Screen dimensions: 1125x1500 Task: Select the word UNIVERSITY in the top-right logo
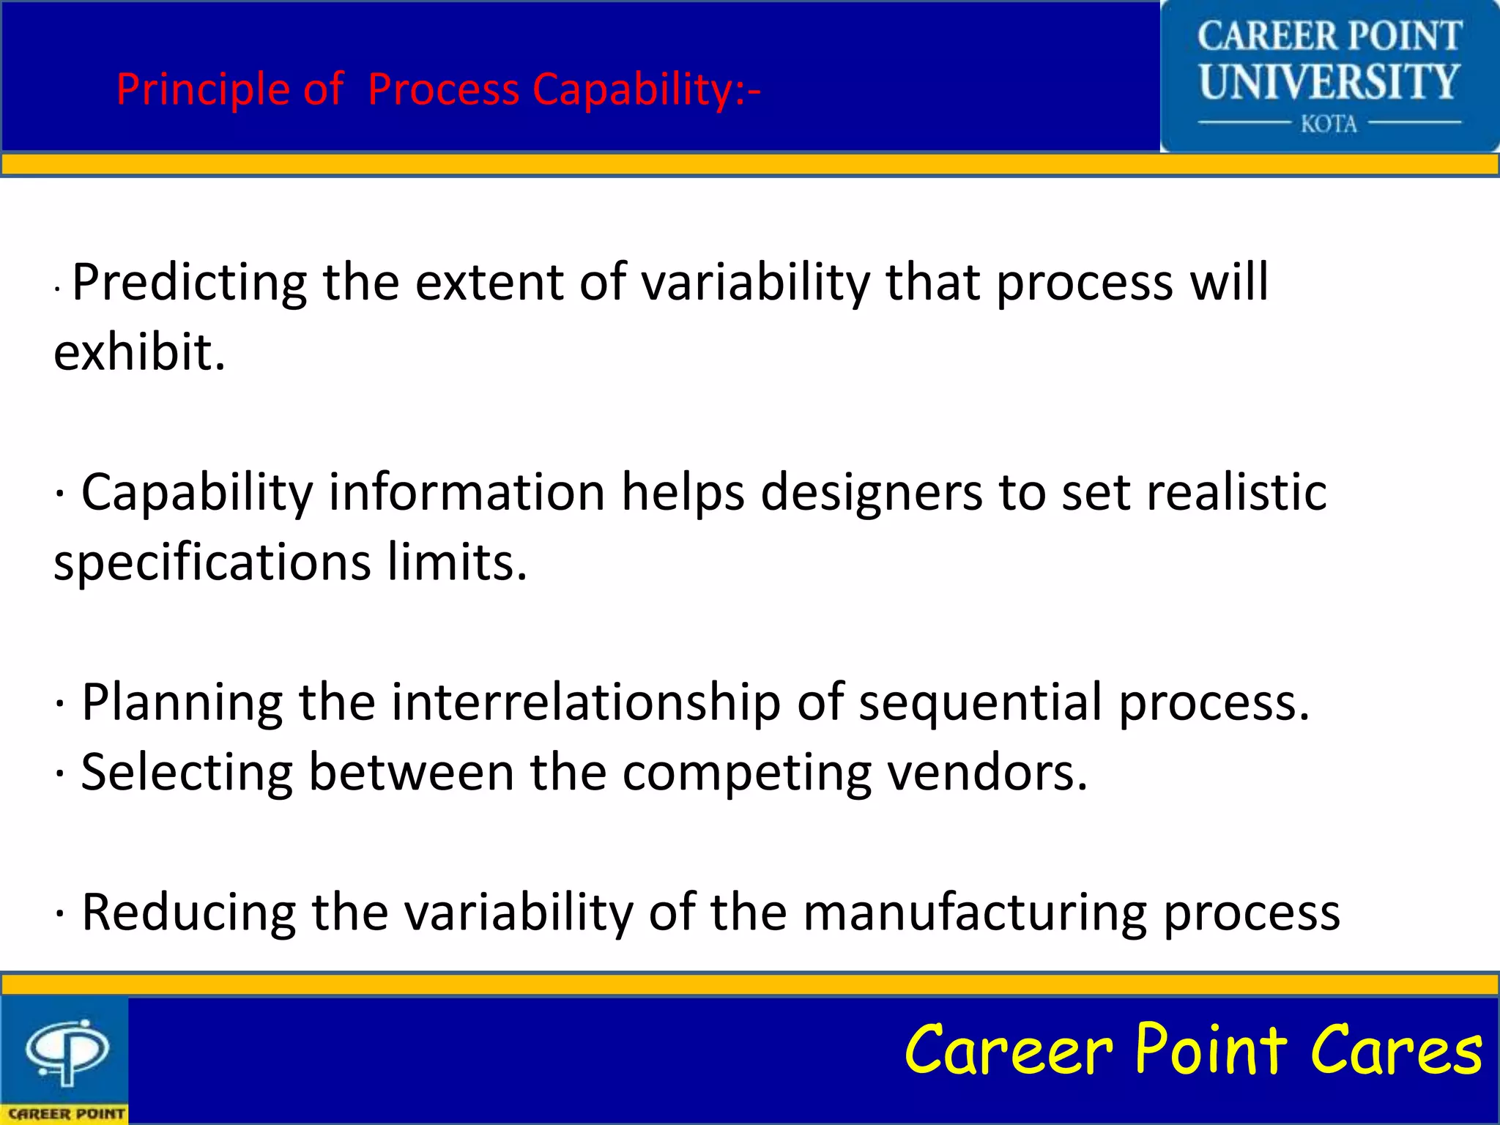click(1329, 81)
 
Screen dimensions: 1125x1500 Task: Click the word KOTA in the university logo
click(1329, 124)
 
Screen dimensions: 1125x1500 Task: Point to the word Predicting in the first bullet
click(190, 283)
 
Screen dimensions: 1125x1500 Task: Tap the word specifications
click(212, 563)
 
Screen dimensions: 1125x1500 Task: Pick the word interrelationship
click(586, 702)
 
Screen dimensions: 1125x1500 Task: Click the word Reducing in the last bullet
click(189, 913)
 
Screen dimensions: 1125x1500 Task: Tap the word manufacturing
click(975, 913)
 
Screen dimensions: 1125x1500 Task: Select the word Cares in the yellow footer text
click(1396, 1050)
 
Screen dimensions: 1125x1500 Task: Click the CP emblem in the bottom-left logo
click(67, 1052)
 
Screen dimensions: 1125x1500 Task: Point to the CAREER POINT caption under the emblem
click(66, 1113)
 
